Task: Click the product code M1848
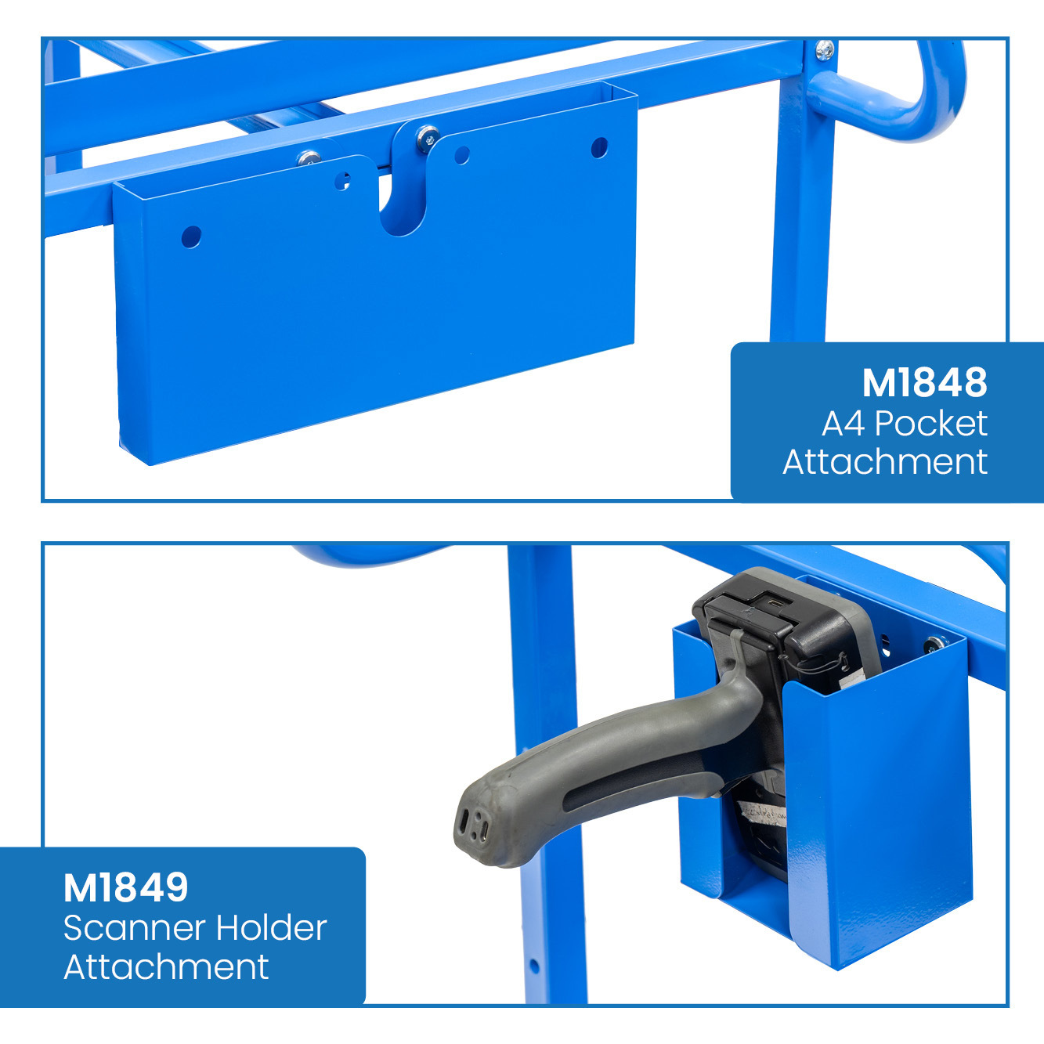(x=925, y=382)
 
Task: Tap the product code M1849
(x=125, y=887)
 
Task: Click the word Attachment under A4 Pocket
(x=885, y=462)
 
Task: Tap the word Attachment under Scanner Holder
(x=166, y=967)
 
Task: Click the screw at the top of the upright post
(x=825, y=49)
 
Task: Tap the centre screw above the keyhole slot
(x=428, y=138)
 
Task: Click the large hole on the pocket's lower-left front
(x=191, y=237)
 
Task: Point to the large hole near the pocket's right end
(x=600, y=147)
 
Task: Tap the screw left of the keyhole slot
(x=309, y=158)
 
